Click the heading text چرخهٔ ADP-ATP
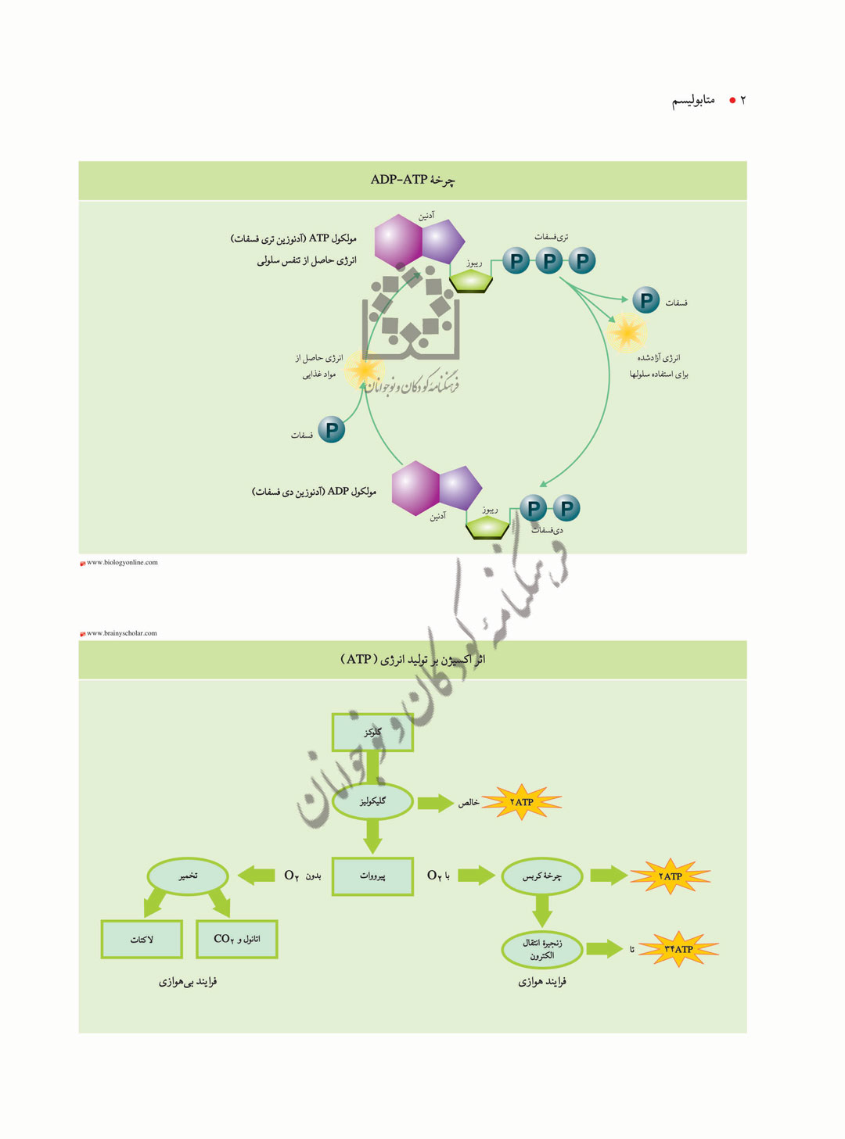coord(412,180)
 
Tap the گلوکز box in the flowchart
coord(372,732)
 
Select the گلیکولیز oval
coord(372,801)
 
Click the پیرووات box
coord(372,876)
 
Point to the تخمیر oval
coord(188,876)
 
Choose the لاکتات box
coord(142,940)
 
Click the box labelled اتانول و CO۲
coord(236,940)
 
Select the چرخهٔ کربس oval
coord(541,876)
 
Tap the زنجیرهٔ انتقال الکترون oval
coord(541,949)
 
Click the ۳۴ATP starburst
coord(678,949)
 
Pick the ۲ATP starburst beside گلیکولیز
coord(522,802)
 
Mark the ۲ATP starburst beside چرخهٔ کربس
coord(671,876)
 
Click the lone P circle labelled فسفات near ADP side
coord(332,429)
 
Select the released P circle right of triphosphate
coord(646,300)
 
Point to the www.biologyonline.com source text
coord(122,562)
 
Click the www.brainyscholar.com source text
coord(121,633)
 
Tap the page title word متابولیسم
coord(693,100)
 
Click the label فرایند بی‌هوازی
coord(188,982)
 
